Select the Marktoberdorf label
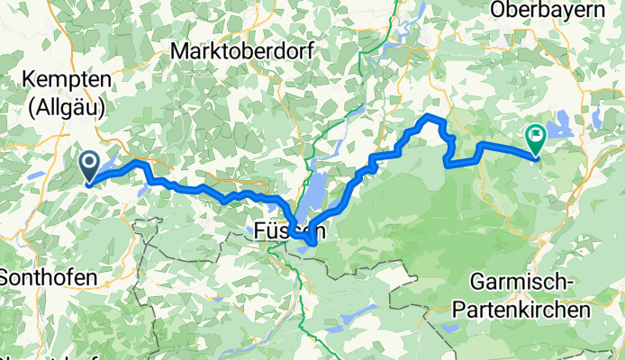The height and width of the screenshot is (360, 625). coord(241,51)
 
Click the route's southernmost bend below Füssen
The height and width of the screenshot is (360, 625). coord(312,242)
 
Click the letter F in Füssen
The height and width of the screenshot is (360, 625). coord(255,230)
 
